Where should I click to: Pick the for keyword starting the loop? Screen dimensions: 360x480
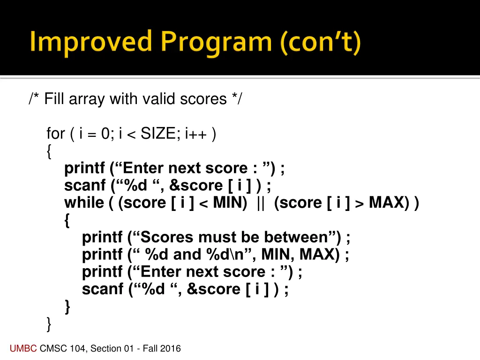pyautogui.click(x=56, y=134)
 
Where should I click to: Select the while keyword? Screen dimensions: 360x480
pyautogui.click(x=84, y=203)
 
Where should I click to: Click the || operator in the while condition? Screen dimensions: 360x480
pyautogui.click(x=261, y=203)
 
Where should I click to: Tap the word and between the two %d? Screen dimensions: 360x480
pyautogui.click(x=187, y=255)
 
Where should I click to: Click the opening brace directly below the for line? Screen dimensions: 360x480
pyautogui.click(x=50, y=152)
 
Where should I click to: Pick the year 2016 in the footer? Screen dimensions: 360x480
pyautogui.click(x=170, y=348)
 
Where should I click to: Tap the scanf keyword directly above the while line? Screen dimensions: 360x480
pyautogui.click(x=85, y=186)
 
